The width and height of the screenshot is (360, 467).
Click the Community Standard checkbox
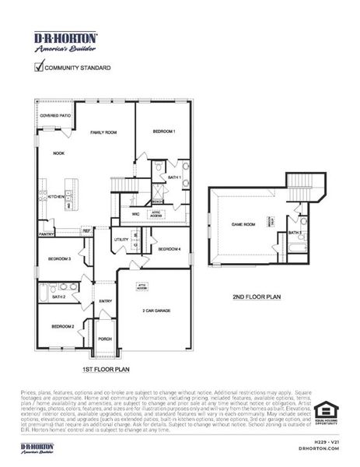pyautogui.click(x=39, y=67)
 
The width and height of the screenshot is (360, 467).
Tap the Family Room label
pyautogui.click(x=103, y=133)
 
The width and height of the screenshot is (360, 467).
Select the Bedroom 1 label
pyautogui.click(x=163, y=131)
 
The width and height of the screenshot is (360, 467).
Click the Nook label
pyautogui.click(x=58, y=153)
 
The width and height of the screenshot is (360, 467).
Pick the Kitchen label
pyautogui.click(x=56, y=197)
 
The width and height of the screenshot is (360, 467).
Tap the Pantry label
pyautogui.click(x=47, y=233)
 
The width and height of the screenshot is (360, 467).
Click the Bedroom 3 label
pyautogui.click(x=60, y=258)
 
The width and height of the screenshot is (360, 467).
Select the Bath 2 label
pyautogui.click(x=59, y=297)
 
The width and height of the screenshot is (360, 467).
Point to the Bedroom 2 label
pyautogui.click(x=62, y=326)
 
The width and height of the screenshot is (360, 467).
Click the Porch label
pyautogui.click(x=105, y=339)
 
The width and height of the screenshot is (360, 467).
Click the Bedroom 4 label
pyautogui.click(x=170, y=249)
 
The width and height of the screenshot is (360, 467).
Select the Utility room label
pyautogui.click(x=122, y=240)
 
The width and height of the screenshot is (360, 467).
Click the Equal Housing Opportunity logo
pyautogui.click(x=326, y=413)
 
